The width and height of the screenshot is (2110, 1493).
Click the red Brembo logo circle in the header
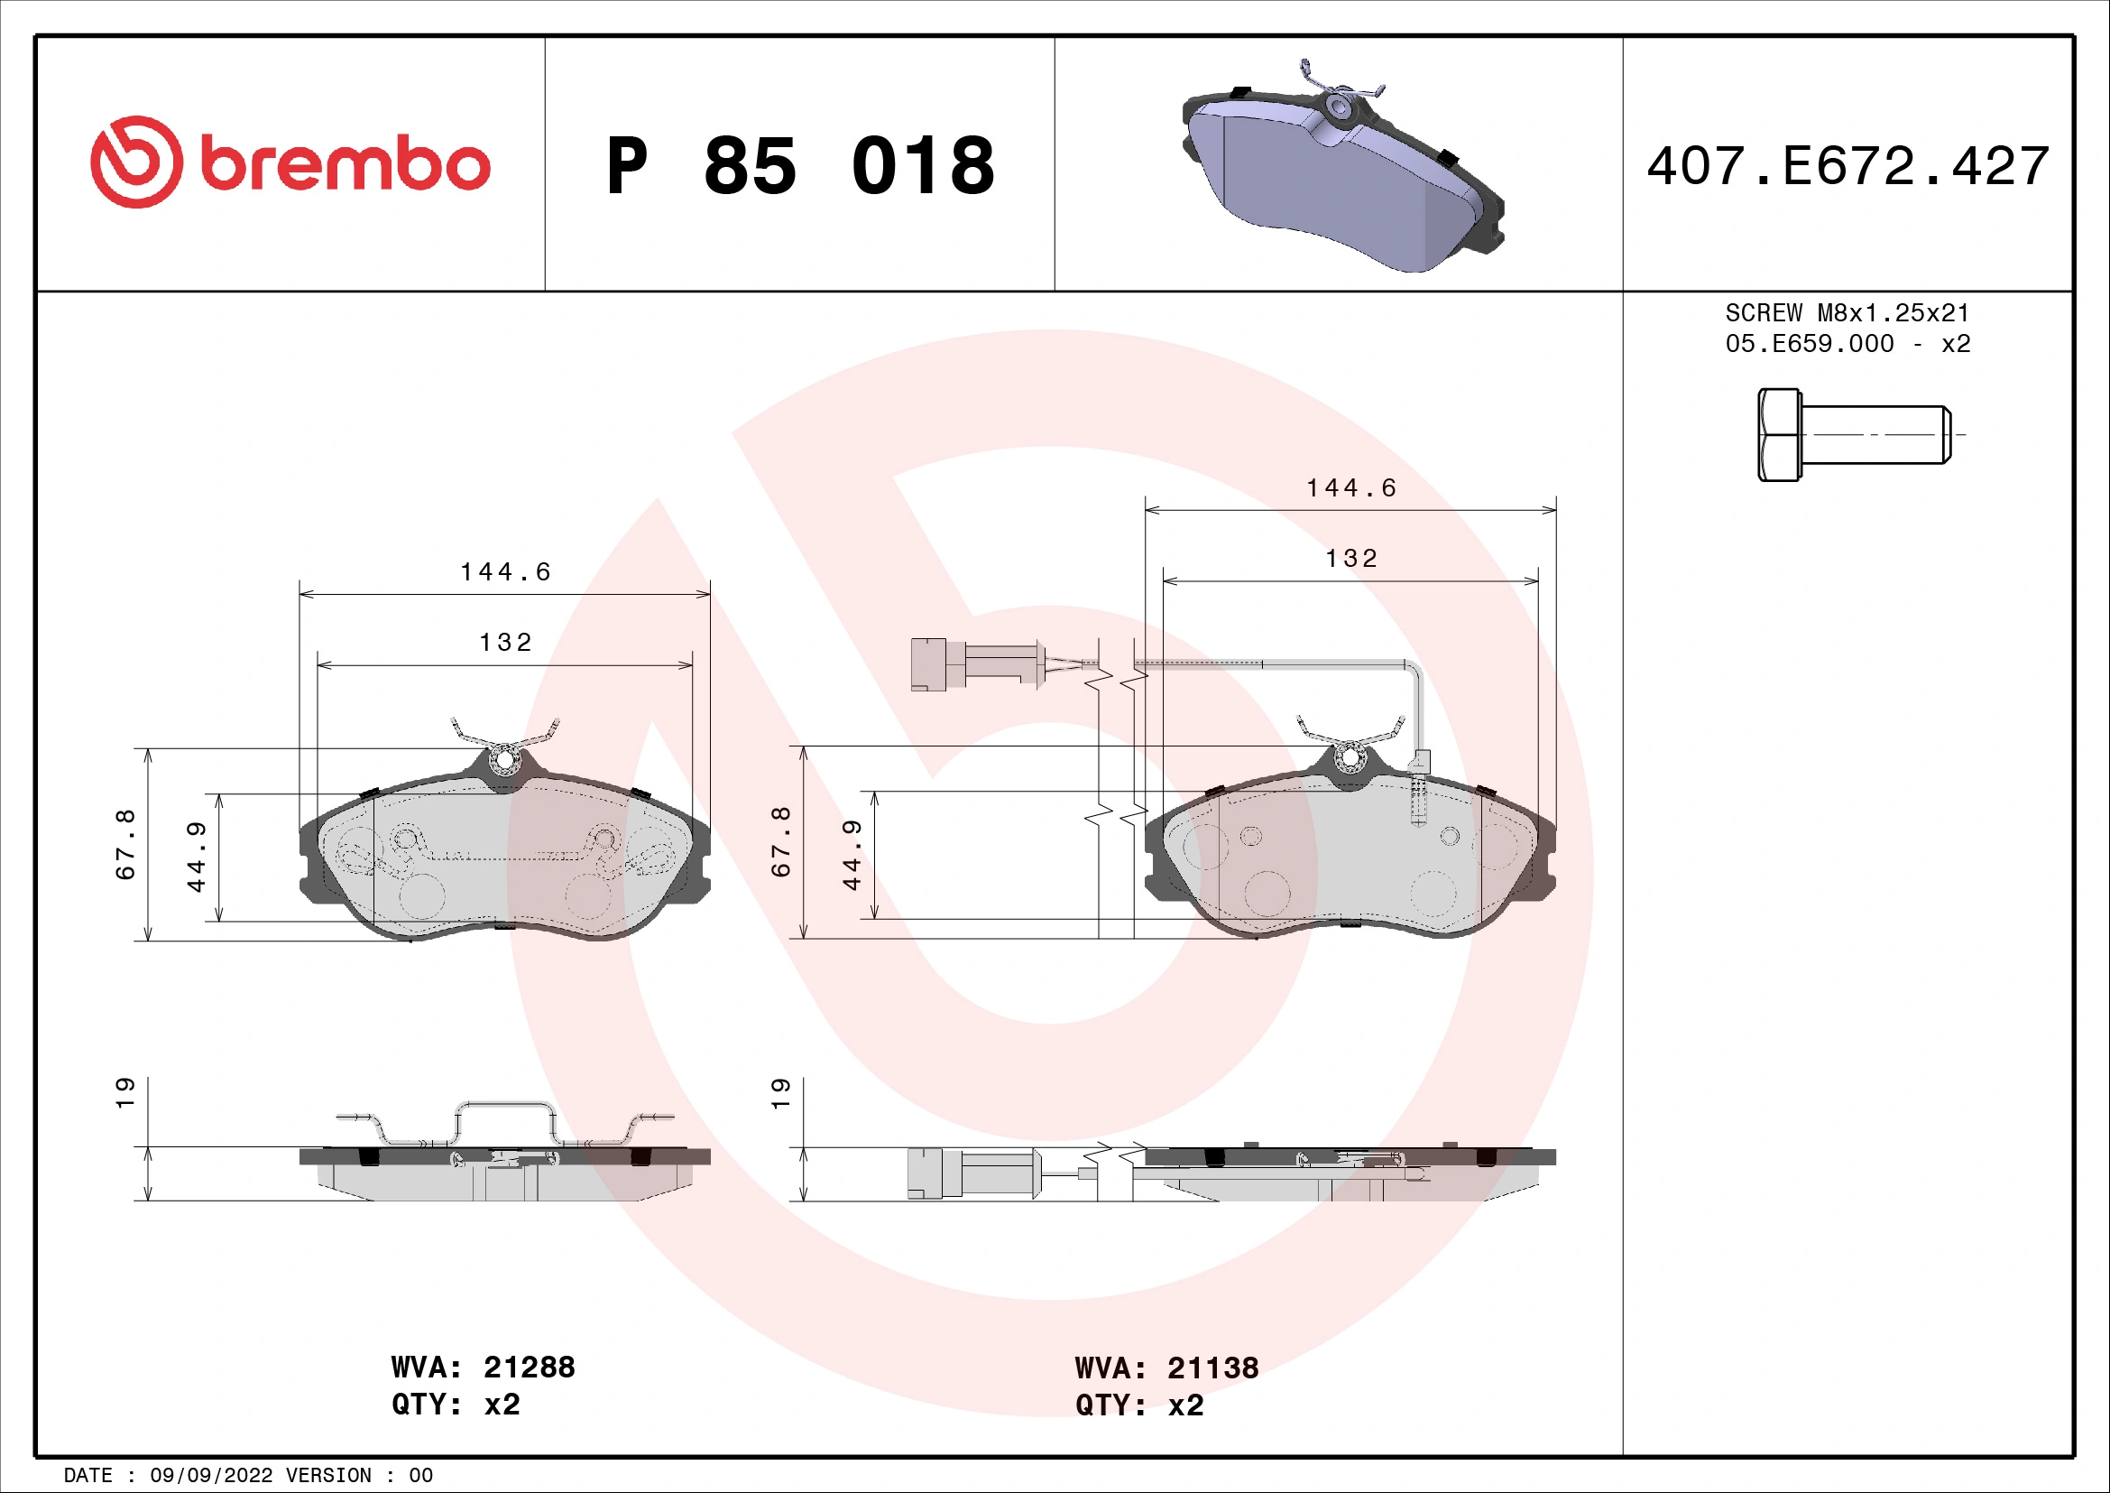136,162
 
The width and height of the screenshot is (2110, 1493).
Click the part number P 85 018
799,166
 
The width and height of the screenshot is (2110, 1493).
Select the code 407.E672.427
1847,166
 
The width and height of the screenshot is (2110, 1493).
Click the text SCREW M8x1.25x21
1847,312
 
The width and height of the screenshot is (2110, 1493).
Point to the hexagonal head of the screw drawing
1779,435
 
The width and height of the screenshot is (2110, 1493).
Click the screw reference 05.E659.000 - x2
1847,344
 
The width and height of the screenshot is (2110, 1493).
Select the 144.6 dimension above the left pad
505,571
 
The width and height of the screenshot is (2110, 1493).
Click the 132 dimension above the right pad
1351,558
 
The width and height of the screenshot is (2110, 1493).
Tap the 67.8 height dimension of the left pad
126,844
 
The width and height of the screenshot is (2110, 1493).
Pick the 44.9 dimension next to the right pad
852,855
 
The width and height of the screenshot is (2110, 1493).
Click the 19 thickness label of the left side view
126,1092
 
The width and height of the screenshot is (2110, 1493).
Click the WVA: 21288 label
484,1367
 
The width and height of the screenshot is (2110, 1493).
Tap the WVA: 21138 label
1166,1368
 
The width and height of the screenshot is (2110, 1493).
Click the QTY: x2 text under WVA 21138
1139,1405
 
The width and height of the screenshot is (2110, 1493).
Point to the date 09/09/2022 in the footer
211,1476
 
